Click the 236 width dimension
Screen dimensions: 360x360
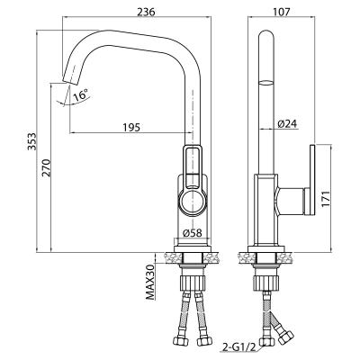[146, 12]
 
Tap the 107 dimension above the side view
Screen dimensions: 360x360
[282, 12]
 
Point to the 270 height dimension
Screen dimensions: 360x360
[47, 167]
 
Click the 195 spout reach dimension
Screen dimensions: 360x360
[131, 128]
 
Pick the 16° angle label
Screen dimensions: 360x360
[81, 94]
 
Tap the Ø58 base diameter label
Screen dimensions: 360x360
[192, 233]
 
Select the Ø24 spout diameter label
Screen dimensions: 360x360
[287, 124]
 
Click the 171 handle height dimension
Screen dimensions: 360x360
[326, 198]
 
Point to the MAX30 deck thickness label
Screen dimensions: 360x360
[150, 282]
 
